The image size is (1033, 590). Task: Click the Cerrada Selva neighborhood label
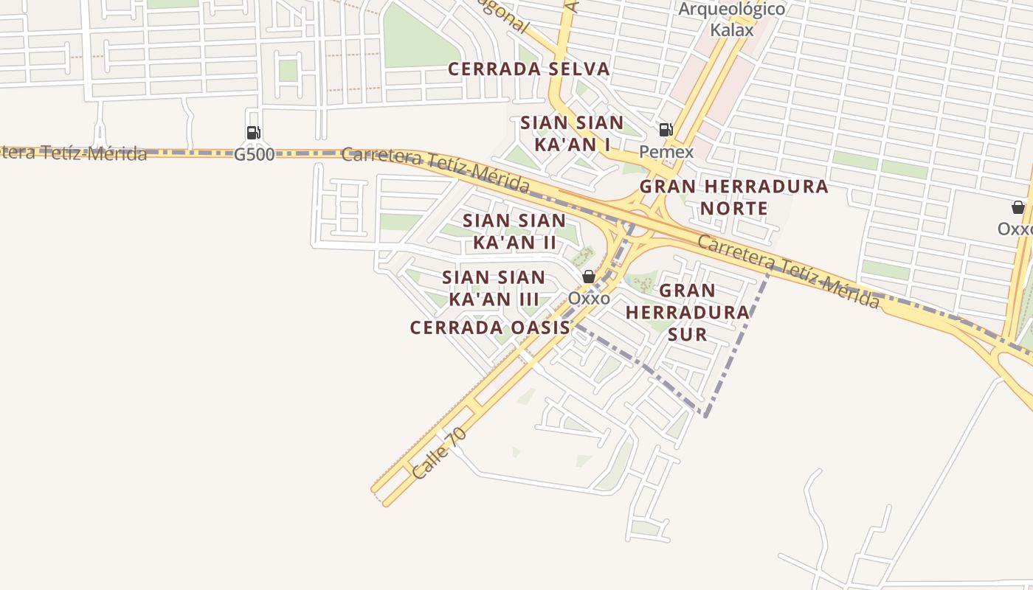(529, 69)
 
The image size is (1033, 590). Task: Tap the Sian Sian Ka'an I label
(572, 133)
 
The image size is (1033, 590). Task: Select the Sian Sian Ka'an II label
(514, 231)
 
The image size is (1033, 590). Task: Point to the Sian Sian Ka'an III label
(494, 288)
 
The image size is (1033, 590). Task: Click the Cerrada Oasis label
(490, 327)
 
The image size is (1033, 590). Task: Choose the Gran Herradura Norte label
(733, 197)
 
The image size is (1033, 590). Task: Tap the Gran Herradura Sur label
(687, 312)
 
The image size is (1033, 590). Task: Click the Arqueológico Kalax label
(731, 20)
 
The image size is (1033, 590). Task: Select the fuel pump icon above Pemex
(666, 131)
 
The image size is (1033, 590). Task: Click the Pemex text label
(666, 152)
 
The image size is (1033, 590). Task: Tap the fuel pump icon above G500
(253, 133)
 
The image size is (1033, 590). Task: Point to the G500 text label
(254, 155)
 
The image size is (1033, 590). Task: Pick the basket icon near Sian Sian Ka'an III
(588, 277)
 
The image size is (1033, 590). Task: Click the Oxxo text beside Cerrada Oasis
(588, 299)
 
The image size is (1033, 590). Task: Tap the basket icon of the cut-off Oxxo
(1018, 207)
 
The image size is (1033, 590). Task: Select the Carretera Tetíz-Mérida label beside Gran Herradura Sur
(788, 272)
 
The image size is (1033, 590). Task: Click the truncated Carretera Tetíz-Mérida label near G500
(74, 153)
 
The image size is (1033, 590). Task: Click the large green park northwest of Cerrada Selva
(418, 37)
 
